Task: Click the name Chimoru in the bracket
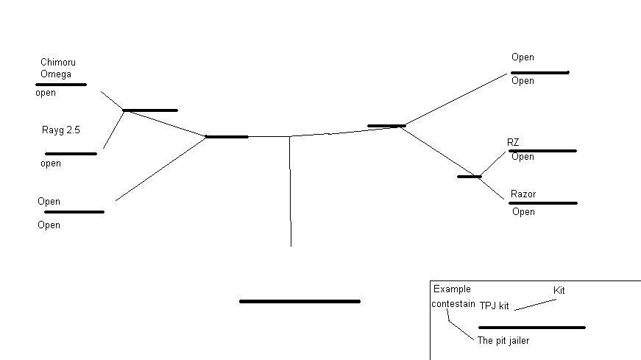tap(58, 63)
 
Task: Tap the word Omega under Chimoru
tap(55, 74)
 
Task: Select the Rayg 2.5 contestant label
tap(61, 130)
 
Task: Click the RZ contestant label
tap(513, 142)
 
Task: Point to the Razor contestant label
tap(523, 194)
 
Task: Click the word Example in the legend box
tap(452, 289)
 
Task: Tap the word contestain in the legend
tap(453, 303)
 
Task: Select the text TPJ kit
tap(495, 306)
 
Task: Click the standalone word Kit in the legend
tap(559, 291)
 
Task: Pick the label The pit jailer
tap(503, 341)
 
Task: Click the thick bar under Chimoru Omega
tap(61, 85)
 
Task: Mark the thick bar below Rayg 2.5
tap(71, 154)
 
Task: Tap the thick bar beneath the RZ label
tap(542, 151)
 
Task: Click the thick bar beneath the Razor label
tap(543, 203)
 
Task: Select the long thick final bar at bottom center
tap(300, 301)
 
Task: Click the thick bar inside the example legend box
tap(531, 328)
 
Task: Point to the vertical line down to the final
tap(290, 191)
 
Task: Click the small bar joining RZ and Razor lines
tap(469, 177)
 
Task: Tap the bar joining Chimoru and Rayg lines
tap(150, 110)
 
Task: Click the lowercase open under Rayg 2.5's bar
tap(51, 164)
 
